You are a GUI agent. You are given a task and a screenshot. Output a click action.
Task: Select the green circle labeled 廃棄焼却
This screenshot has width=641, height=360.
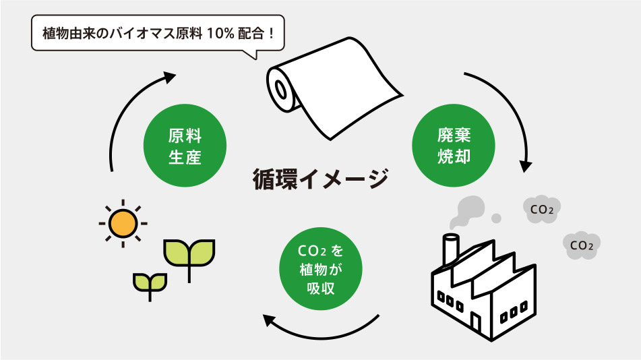point(453,146)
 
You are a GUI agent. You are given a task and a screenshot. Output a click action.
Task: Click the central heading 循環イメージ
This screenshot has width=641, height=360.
point(319,179)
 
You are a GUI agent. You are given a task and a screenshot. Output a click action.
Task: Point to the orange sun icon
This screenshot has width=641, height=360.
point(123,222)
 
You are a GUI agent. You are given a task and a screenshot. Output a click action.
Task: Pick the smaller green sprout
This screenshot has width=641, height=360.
point(150,283)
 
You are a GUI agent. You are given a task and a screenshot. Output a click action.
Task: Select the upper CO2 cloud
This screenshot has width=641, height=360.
point(542,209)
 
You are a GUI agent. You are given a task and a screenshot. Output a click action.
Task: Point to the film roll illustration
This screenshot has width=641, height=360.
point(330,91)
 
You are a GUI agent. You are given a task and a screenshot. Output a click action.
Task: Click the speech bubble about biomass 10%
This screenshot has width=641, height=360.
point(156,32)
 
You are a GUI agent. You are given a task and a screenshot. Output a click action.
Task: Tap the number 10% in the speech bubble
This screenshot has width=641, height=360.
point(226,32)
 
